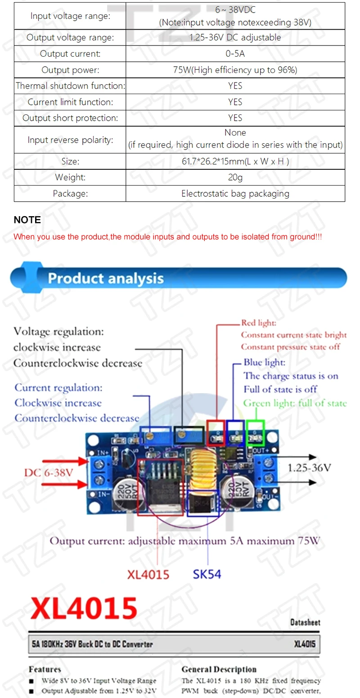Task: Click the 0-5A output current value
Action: tap(235, 54)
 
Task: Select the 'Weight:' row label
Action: tap(70, 177)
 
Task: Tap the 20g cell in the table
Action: tap(235, 177)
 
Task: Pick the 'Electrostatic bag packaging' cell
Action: tap(235, 194)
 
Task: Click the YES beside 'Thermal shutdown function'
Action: tap(235, 86)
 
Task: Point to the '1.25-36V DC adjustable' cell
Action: tap(235, 37)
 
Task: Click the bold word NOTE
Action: tap(27, 220)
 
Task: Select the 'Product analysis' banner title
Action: tap(106, 278)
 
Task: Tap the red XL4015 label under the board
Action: tap(148, 574)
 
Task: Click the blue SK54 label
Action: tap(207, 574)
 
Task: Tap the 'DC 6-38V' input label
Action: tap(49, 472)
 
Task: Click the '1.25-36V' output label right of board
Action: tap(310, 467)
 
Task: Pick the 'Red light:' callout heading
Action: tap(259, 322)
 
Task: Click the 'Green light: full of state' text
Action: tap(295, 403)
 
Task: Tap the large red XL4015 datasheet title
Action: tap(84, 608)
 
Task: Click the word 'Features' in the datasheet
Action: tap(45, 669)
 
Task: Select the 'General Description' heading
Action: tap(219, 669)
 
